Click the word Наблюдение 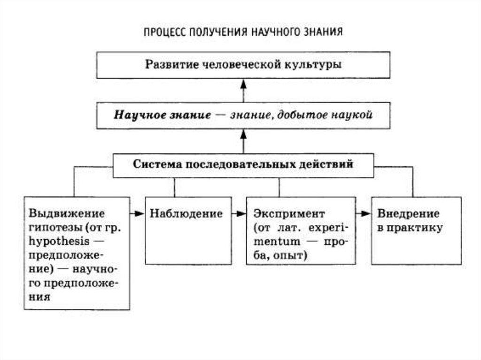[x=186, y=214]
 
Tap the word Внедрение [x=408, y=214]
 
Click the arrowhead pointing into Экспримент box [x=241, y=214]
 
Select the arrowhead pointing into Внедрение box [x=365, y=214]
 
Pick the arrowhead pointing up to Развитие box [x=243, y=84]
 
